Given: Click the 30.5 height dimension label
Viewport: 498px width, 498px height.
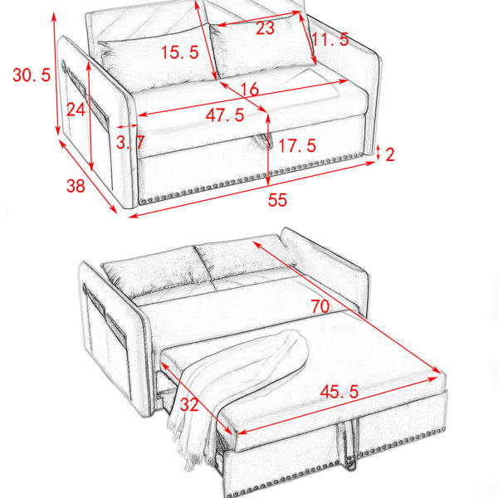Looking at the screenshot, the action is [x=32, y=76].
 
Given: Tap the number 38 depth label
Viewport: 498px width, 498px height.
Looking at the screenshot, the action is [x=76, y=185].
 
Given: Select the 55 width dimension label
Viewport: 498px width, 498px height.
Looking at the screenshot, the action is [x=277, y=200].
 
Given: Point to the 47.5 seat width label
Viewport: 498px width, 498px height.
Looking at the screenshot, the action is [x=225, y=115].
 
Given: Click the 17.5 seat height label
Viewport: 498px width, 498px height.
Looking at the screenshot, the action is [x=297, y=146].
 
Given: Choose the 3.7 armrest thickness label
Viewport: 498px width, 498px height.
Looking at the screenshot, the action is [x=130, y=142].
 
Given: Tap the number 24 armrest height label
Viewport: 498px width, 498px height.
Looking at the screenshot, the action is [x=76, y=110].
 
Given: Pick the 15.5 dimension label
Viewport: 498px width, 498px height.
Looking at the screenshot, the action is [x=180, y=52].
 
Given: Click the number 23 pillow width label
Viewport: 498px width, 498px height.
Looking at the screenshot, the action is [x=265, y=28].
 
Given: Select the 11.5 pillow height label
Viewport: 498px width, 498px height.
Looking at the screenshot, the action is [x=330, y=39].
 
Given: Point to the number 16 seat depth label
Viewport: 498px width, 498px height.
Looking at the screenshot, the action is [x=250, y=90].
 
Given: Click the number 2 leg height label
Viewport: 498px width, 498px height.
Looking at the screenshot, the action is [x=390, y=154].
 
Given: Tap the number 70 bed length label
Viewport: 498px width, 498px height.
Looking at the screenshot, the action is [x=320, y=306].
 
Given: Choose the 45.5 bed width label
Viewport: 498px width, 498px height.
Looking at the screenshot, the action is [x=339, y=391].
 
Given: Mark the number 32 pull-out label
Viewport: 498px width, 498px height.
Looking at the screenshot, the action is [x=189, y=405].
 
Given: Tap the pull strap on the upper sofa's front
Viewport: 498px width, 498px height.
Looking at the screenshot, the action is [x=263, y=141].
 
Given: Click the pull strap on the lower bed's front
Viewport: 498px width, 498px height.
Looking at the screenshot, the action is [x=349, y=445].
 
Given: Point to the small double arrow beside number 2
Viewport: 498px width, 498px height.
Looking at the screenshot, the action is [x=378, y=153].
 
